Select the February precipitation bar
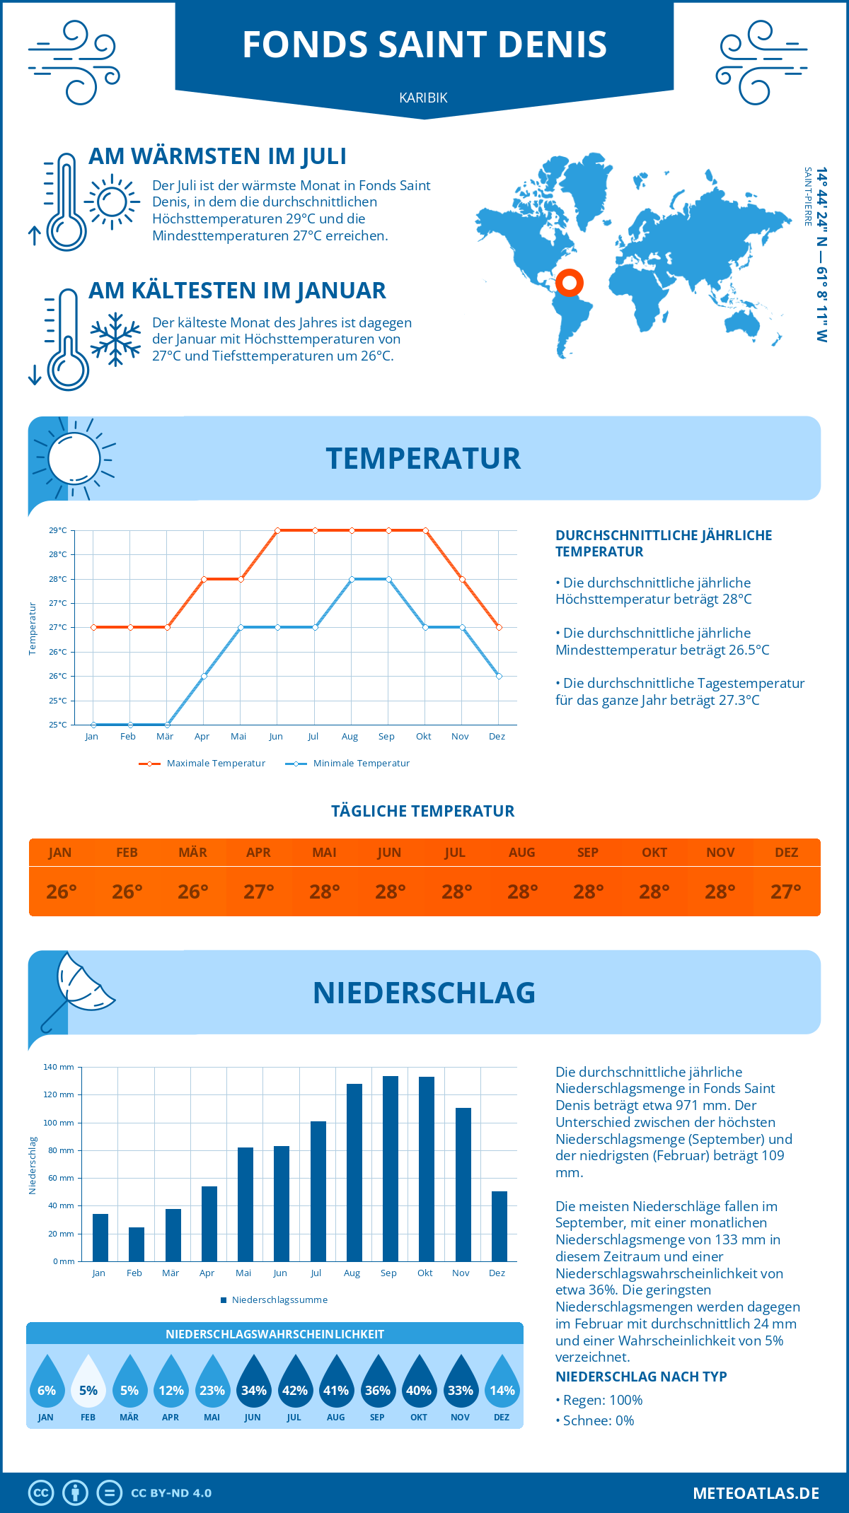(x=137, y=1244)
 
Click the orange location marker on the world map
(x=570, y=283)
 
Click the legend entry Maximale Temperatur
(x=202, y=764)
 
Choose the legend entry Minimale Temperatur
(x=348, y=764)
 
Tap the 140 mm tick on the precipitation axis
(x=59, y=1067)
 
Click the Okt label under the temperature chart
(x=423, y=737)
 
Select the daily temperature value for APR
(x=259, y=892)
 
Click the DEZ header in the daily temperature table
(x=786, y=853)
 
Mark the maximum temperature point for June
(x=277, y=530)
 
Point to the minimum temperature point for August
(x=352, y=579)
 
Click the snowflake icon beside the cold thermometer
(x=115, y=339)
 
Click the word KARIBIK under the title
(x=423, y=98)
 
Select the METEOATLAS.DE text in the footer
(x=756, y=1493)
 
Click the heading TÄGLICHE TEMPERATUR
(x=423, y=811)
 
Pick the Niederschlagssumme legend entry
(x=275, y=1300)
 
